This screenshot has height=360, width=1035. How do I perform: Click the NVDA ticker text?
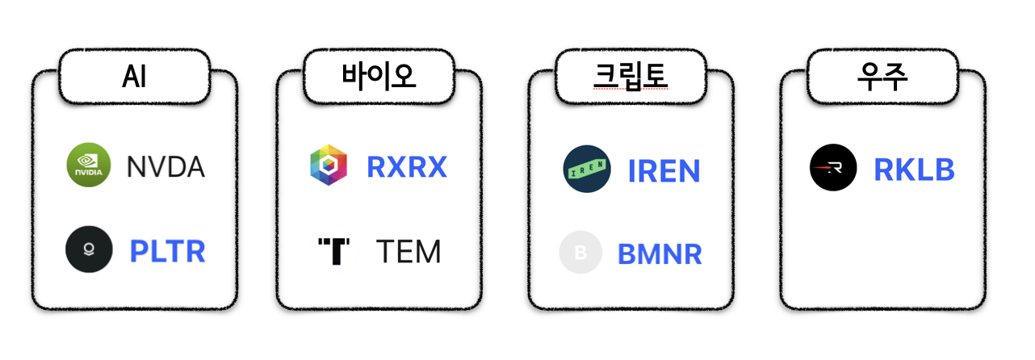point(166,167)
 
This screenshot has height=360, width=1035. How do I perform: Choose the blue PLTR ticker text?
point(168,251)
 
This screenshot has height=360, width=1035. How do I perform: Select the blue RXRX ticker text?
point(407,166)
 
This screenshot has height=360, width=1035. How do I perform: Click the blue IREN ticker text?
point(664,171)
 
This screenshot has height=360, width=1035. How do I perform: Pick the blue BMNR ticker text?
point(660,253)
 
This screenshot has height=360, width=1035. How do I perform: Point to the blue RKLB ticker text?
point(914,170)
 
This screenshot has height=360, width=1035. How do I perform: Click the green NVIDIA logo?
point(88,165)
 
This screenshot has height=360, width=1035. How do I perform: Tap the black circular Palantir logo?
point(89,250)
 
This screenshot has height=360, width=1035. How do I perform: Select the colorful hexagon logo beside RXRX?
point(329,165)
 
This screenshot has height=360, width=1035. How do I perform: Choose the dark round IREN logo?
point(587,170)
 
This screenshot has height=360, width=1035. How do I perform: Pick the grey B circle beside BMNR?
point(580,253)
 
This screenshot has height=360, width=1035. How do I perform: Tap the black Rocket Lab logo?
point(833,168)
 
